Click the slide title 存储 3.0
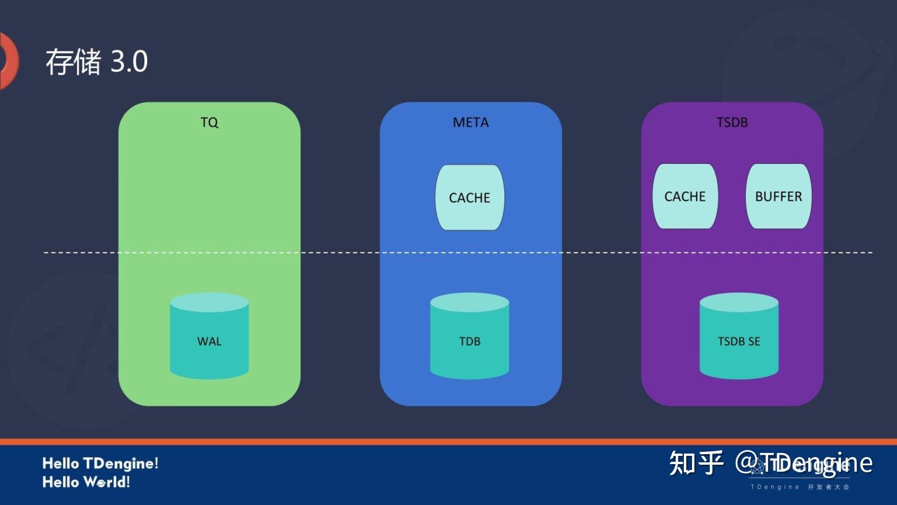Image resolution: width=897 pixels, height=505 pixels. click(x=96, y=61)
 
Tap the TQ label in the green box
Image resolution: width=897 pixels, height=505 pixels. click(x=209, y=122)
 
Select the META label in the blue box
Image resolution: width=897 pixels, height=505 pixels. click(x=471, y=122)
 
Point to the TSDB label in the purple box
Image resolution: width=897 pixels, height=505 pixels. click(x=732, y=122)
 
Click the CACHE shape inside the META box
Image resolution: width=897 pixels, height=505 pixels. click(x=470, y=198)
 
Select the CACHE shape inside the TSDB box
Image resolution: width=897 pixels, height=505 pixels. click(x=685, y=196)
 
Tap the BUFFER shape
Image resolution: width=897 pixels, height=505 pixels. click(x=778, y=196)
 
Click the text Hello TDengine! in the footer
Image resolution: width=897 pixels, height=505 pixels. click(x=100, y=464)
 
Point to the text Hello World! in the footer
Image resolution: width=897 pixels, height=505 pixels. click(x=86, y=482)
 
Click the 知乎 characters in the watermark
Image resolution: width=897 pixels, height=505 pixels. click(x=696, y=463)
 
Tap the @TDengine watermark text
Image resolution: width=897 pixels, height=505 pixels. click(x=804, y=463)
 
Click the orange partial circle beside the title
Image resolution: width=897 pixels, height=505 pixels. click(x=8, y=61)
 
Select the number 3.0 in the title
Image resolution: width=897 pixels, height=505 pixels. click(x=129, y=61)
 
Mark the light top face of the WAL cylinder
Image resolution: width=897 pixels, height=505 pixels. click(x=209, y=302)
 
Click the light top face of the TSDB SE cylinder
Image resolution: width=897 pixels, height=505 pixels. click(x=739, y=302)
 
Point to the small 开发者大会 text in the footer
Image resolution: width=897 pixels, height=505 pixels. click(x=829, y=487)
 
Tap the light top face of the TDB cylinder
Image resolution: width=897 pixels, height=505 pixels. click(x=470, y=302)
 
